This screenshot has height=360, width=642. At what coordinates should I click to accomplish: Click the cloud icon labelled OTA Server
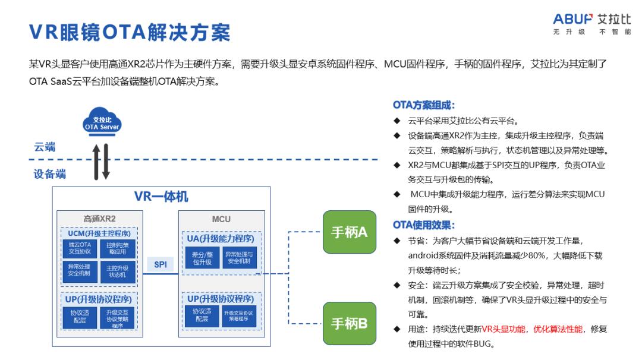coord(102,121)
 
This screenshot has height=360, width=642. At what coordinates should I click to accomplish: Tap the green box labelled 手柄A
coord(349,232)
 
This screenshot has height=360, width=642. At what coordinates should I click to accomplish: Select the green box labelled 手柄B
coord(349,323)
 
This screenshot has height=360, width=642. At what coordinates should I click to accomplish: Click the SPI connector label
coord(160,265)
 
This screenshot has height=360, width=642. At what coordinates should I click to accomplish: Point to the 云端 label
coord(45,147)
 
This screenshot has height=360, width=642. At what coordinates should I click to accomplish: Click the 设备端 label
coord(49,174)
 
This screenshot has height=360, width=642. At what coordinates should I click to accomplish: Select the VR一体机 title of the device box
coord(161,197)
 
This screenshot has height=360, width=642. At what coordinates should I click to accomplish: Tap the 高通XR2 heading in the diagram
coord(99,219)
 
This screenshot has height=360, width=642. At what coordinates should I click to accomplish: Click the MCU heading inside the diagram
coord(221,219)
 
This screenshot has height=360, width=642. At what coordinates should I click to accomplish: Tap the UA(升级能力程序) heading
coord(221,238)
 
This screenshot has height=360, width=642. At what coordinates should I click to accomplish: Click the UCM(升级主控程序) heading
coord(99,233)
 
